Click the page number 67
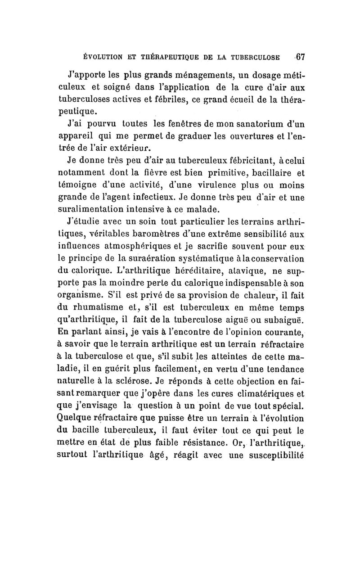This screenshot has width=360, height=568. tap(300, 57)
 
